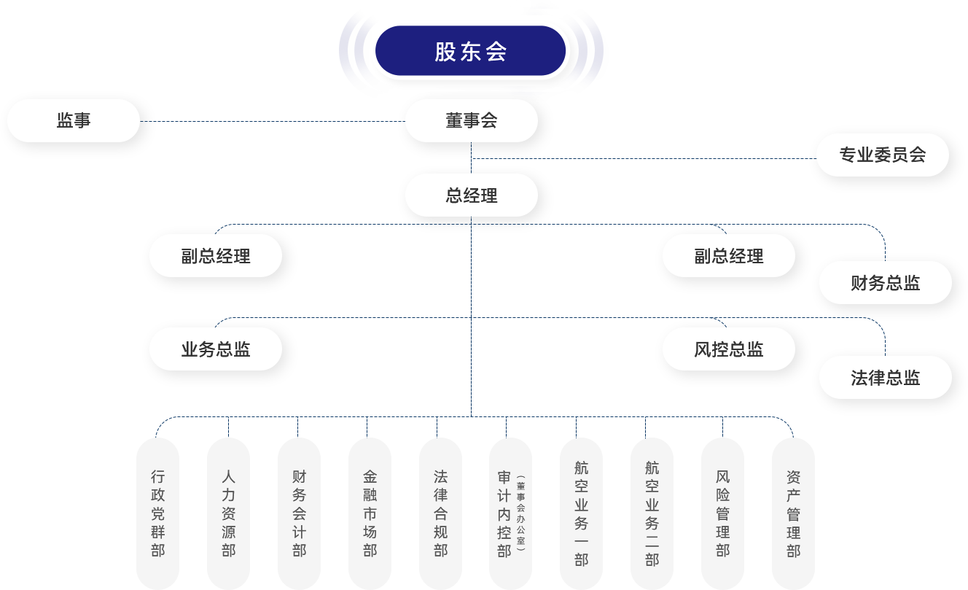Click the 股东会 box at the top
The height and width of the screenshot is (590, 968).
470,52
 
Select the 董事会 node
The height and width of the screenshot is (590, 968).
471,121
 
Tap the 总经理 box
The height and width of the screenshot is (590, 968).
471,195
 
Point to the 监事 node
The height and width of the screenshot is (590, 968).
73,120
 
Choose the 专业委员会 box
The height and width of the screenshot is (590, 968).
882,155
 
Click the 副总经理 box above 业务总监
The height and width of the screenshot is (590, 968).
216,256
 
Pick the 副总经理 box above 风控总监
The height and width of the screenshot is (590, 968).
728,256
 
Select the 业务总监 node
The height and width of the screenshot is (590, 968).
216,349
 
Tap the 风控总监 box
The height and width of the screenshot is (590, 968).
728,349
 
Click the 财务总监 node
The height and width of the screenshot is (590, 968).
885,283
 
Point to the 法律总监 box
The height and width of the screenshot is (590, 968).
885,378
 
